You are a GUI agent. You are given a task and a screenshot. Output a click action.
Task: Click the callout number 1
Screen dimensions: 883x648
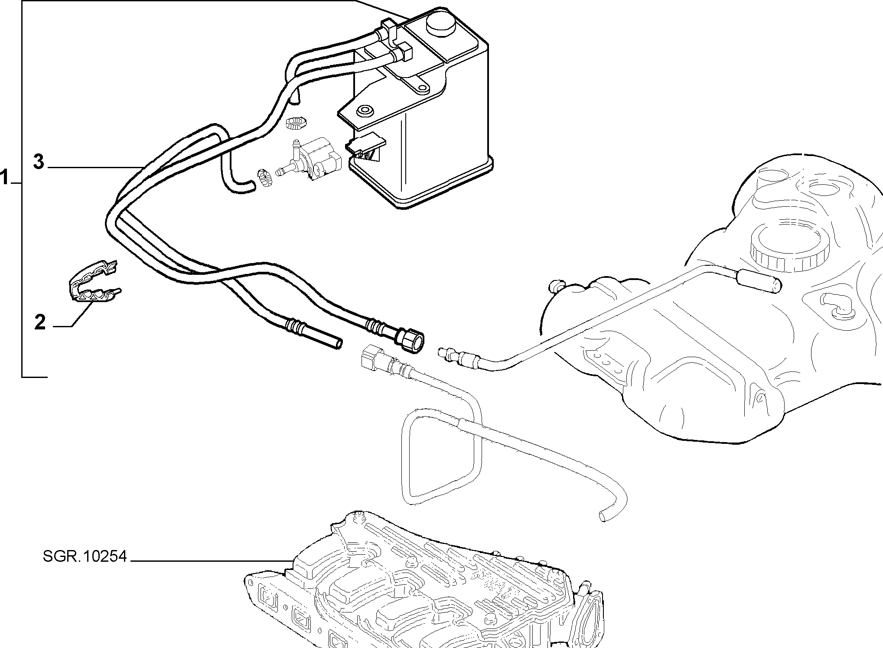[x=5, y=178]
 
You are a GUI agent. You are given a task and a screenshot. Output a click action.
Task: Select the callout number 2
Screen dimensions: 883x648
[x=40, y=322]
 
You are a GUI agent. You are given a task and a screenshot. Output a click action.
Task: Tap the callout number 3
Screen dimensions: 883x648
[x=39, y=162]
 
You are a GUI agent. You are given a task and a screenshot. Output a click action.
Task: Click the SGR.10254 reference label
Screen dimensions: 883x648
[x=85, y=556]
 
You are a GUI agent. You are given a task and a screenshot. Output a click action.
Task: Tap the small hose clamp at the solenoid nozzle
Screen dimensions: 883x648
[x=264, y=179]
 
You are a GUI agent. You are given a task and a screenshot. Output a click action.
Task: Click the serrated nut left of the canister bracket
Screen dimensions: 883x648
[x=297, y=123]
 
